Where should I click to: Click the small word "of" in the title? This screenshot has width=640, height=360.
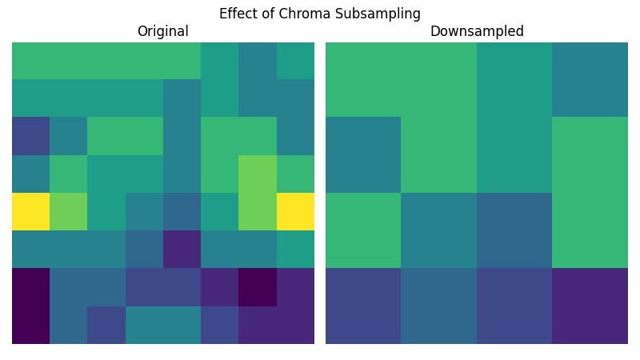coord(273,14)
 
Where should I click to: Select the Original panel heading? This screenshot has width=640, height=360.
coord(162,32)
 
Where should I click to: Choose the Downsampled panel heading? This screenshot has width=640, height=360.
coord(477,32)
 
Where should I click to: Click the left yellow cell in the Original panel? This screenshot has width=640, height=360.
coord(30,212)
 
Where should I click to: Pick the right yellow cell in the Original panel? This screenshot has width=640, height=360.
coord(295,212)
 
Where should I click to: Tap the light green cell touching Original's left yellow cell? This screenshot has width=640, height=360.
coord(68,212)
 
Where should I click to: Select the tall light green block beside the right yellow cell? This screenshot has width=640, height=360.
coord(258,193)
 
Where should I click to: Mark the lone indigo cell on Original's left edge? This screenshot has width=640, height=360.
coord(30,136)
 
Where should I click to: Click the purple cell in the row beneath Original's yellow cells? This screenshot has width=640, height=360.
coord(182,250)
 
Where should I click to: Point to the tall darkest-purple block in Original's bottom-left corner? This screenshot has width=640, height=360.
coord(30,306)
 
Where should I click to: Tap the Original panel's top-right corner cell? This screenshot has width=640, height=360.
coord(295,61)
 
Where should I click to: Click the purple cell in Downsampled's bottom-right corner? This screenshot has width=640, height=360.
coord(590,306)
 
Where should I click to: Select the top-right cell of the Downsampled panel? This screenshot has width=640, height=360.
coord(590,79)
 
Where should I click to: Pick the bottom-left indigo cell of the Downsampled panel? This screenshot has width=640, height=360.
coord(363,306)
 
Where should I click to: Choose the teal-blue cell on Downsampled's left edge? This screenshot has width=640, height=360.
coord(363,154)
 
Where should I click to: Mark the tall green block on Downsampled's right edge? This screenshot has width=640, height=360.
coord(590,193)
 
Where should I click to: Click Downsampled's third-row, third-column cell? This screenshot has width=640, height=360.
coord(514,230)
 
